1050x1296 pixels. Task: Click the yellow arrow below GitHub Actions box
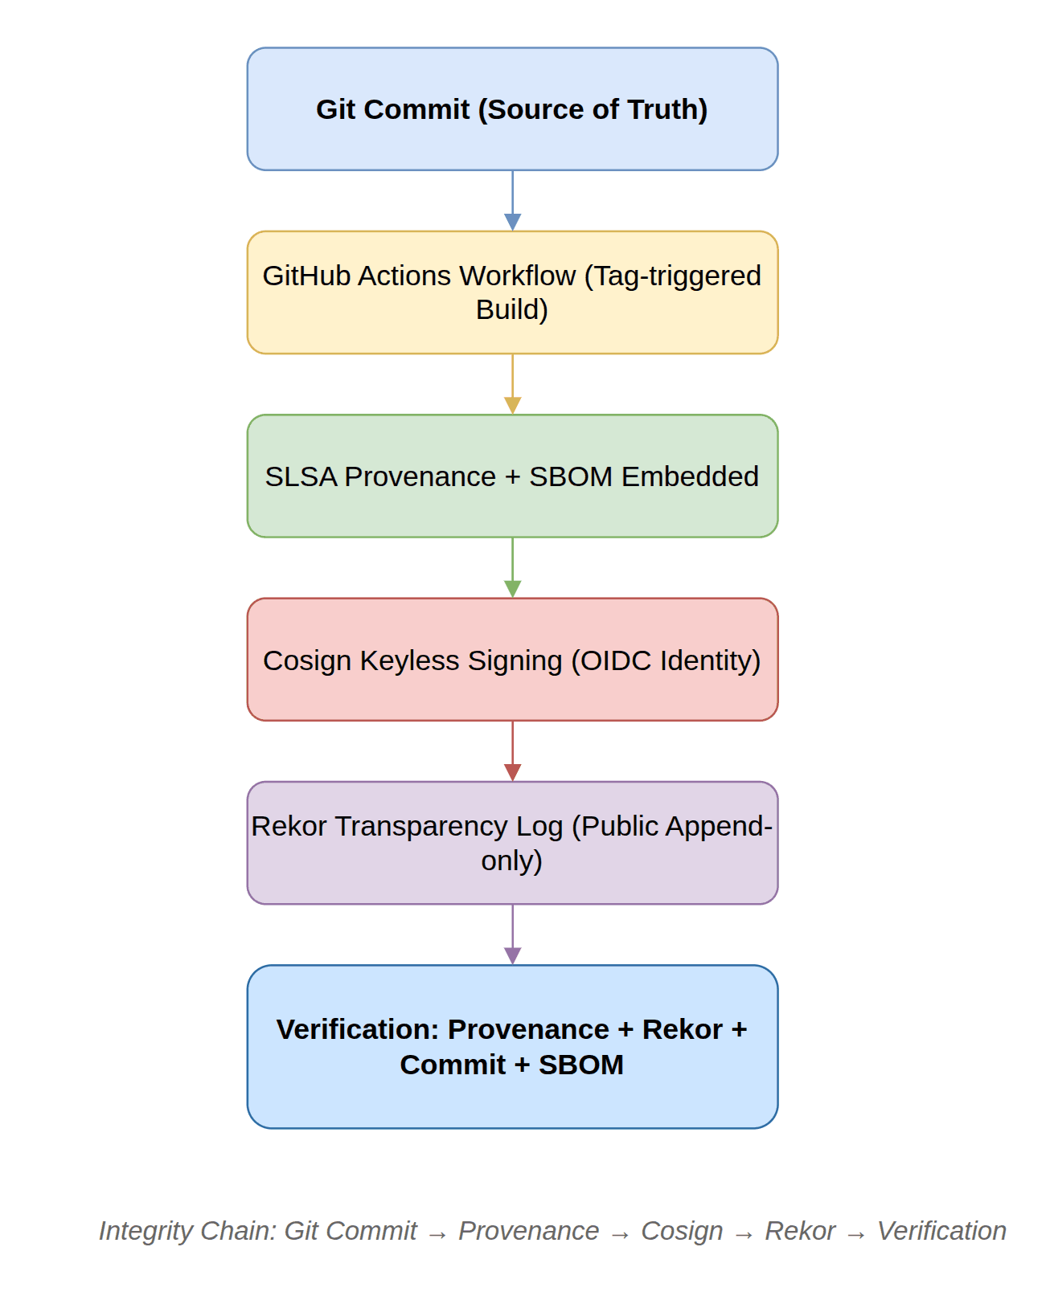[512, 383]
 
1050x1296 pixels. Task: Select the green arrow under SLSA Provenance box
[512, 566]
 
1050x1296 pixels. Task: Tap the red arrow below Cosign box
[512, 750]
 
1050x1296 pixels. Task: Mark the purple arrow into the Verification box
[512, 934]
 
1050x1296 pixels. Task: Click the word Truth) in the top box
[667, 109]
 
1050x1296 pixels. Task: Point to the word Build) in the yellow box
[512, 309]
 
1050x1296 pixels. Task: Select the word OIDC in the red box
[615, 660]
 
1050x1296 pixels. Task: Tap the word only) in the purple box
[512, 861]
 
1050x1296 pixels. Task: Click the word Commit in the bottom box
[453, 1065]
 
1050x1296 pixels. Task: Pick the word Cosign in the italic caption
[682, 1231]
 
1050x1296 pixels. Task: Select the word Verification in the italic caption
[941, 1231]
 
